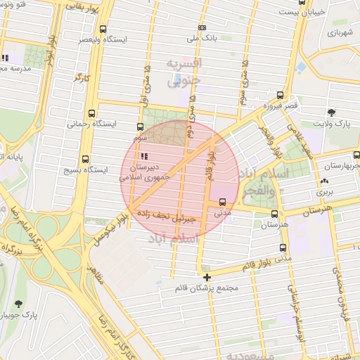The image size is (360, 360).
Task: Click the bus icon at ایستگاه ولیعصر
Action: (103, 29)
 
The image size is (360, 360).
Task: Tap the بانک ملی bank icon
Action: (202, 28)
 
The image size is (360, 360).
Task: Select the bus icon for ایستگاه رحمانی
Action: (92, 112)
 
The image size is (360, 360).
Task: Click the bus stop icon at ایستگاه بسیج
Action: (86, 159)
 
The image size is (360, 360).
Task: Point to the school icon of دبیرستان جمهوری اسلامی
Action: (144, 155)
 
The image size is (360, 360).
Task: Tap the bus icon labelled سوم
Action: (140, 127)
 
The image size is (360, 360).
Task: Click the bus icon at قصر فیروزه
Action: (280, 95)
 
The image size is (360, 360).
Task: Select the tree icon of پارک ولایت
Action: (331, 112)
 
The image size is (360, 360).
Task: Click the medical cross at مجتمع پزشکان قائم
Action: (207, 277)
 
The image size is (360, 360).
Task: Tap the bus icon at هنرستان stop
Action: (274, 214)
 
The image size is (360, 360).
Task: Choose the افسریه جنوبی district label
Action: (184, 72)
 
